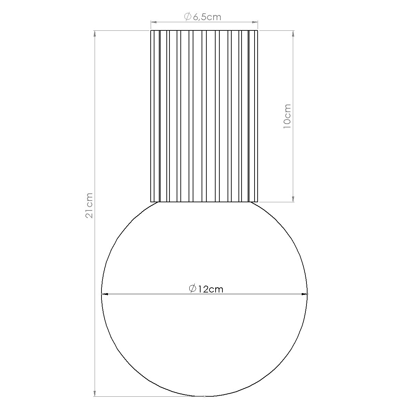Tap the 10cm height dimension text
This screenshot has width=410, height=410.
point(287,116)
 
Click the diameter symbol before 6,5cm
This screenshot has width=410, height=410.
point(187,17)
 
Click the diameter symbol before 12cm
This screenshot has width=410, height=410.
point(192,289)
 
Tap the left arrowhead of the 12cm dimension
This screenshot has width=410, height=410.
point(105,294)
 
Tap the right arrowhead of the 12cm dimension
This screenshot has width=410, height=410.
point(304,294)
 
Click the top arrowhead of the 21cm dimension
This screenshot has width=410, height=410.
point(95,34)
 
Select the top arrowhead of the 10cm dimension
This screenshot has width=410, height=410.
point(293,34)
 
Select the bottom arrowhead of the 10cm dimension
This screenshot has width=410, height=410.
point(293,199)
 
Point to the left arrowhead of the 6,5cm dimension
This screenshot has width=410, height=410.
point(154,22)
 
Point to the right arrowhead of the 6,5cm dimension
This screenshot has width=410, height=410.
point(255,22)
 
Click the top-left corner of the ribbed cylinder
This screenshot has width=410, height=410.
point(151,31)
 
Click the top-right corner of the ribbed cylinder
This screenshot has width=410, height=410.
point(258,31)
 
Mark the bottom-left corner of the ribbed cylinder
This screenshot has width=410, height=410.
point(151,202)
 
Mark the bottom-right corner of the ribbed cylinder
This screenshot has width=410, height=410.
point(258,202)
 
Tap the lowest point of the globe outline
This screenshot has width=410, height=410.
point(204,396)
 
